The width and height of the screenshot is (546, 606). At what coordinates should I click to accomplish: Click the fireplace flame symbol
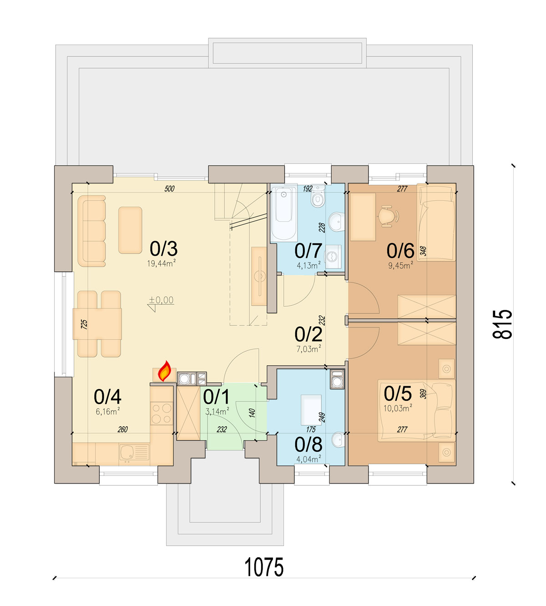tap(164, 371)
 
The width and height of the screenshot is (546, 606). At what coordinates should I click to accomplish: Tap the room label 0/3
tap(163, 248)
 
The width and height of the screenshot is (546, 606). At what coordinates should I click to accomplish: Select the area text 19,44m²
tap(162, 263)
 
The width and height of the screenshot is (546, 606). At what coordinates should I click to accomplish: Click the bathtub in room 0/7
tap(283, 213)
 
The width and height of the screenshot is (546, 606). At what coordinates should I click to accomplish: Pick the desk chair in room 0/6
tap(388, 216)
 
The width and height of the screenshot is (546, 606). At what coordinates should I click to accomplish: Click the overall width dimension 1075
tap(263, 567)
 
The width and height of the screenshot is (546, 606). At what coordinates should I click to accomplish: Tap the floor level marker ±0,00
tap(162, 300)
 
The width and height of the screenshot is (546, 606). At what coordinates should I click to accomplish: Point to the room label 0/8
tap(308, 444)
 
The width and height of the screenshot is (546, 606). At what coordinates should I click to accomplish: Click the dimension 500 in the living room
tap(170, 189)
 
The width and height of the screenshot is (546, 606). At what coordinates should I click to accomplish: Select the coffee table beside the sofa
tap(130, 230)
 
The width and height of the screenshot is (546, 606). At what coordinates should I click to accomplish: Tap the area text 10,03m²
tap(398, 408)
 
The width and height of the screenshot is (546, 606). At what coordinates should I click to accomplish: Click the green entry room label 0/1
tap(216, 397)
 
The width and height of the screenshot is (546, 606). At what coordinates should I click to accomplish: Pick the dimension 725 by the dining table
tap(84, 324)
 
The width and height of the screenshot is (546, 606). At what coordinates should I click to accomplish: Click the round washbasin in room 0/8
tap(338, 439)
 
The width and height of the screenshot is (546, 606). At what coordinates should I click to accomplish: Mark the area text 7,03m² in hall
tap(308, 349)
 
